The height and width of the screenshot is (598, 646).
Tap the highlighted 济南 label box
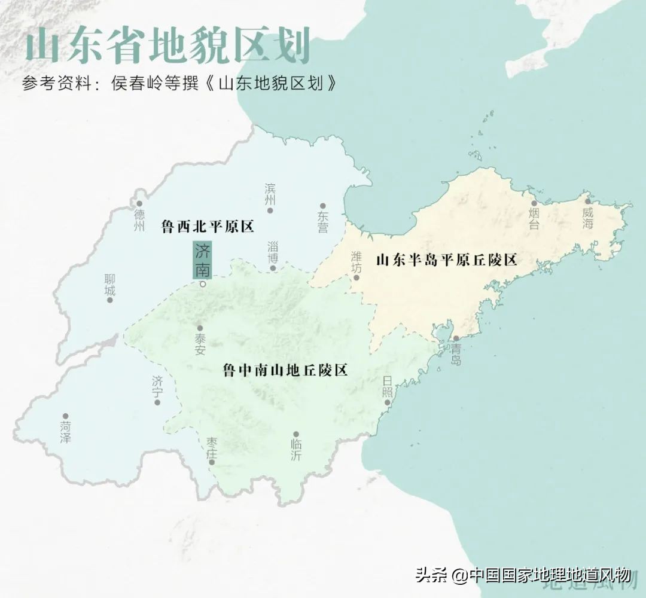point(202,260)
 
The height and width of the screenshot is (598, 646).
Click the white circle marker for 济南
point(203,284)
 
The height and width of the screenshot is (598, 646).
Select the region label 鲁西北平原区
point(208,227)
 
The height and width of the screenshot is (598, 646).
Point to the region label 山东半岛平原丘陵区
point(446,260)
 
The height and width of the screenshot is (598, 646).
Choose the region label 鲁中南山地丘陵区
point(285,370)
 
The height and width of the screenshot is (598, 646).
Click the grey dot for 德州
point(139,204)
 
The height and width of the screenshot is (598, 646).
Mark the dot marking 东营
point(323,206)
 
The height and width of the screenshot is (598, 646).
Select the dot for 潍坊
point(356,277)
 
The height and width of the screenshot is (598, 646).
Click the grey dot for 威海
point(587,202)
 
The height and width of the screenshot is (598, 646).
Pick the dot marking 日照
point(388,402)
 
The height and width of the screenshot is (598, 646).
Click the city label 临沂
point(296,449)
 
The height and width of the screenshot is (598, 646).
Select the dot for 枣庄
point(211,462)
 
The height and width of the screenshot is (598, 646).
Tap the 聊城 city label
point(109,285)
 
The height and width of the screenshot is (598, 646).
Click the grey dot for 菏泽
point(66,416)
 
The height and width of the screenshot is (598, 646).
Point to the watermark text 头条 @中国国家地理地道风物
point(523,576)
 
